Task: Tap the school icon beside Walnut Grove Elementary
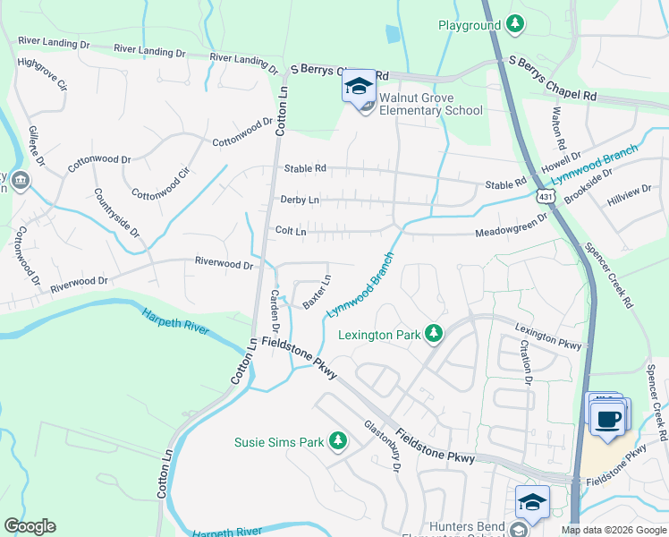[x=359, y=88]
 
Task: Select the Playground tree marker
[x=515, y=24]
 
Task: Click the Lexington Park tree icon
[x=434, y=334]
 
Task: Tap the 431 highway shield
[x=545, y=194]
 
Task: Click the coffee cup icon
[x=608, y=418]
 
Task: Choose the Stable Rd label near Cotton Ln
[x=305, y=168]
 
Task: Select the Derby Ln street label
[x=300, y=200]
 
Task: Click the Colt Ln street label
[x=291, y=231]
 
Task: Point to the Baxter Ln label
[x=317, y=292]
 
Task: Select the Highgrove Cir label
[x=43, y=75]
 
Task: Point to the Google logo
[x=30, y=526]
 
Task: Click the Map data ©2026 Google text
[x=613, y=530]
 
